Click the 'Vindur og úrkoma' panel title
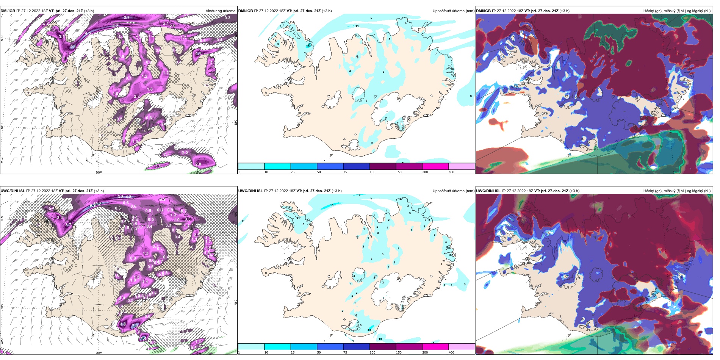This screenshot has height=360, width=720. tap(220, 11)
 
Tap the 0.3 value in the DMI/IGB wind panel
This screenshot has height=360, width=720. tap(227, 18)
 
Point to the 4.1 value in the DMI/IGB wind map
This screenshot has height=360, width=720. tap(198, 54)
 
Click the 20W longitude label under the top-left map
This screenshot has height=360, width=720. tap(99, 172)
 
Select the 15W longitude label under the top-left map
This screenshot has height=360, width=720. tap(197, 172)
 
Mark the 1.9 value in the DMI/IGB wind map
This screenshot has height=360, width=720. tap(135, 142)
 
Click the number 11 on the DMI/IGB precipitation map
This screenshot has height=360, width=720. tap(357, 26)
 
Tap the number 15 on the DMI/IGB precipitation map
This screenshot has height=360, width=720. tap(308, 46)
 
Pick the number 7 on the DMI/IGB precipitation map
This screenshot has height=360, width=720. tap(436, 53)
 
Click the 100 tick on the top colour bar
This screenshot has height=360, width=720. tap(373, 172)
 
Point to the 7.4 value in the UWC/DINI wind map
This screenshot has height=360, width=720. tap(135, 326)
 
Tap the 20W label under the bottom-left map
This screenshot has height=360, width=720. tap(99, 353)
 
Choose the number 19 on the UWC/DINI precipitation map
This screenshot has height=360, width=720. tap(332, 205)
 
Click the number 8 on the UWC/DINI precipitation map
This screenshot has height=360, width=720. tap(303, 224)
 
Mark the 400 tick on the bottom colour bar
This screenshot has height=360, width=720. tap(451, 352)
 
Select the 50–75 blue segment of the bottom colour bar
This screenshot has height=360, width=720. tap(330, 347)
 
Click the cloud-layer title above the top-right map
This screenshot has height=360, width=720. tap(677, 11)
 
